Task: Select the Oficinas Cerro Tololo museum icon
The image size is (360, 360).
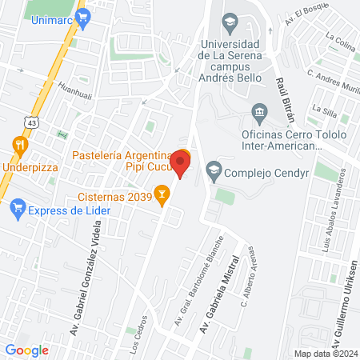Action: click(258, 110)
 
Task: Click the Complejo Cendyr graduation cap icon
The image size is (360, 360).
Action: click(214, 170)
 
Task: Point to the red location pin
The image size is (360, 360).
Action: click(182, 164)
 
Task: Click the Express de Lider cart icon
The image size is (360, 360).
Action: click(17, 210)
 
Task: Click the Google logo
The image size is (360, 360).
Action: click(26, 350)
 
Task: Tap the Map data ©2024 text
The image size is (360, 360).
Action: click(324, 354)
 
